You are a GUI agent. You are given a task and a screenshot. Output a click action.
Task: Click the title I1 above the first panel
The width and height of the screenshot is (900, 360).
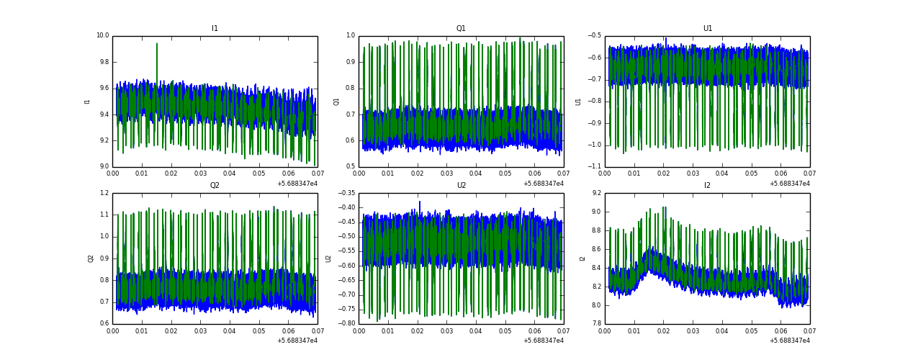[x=215, y=29]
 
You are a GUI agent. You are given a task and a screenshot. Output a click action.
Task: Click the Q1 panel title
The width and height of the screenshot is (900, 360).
[x=461, y=29]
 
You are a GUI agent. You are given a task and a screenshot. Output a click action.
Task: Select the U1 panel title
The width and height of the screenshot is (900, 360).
[x=707, y=29]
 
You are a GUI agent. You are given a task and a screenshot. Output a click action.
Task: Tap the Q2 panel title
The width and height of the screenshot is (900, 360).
[x=215, y=186]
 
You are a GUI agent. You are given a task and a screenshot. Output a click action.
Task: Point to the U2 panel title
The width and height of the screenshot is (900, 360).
[x=461, y=186]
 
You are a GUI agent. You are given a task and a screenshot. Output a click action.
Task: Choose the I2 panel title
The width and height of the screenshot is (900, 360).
[x=707, y=186]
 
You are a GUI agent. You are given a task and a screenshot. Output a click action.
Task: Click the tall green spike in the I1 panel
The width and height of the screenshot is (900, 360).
[x=157, y=45]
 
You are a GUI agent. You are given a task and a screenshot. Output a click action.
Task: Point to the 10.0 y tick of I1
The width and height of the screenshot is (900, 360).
[x=102, y=36]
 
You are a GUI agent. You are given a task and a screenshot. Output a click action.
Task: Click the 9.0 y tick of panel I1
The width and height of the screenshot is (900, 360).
[x=104, y=166]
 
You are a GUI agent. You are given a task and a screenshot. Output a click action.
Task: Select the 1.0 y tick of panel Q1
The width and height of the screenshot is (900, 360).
[x=350, y=36]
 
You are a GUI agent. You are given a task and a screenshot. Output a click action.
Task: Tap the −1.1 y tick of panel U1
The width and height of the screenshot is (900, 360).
[x=594, y=166]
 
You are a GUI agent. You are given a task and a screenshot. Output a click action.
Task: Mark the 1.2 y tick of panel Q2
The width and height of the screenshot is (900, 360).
[x=104, y=193]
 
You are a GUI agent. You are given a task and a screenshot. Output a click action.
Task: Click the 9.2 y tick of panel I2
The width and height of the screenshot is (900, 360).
[x=596, y=193]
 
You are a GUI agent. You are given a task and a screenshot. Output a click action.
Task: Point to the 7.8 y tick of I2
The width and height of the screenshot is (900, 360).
[x=596, y=323]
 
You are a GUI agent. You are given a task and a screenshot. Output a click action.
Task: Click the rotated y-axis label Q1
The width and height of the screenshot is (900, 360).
[x=336, y=102]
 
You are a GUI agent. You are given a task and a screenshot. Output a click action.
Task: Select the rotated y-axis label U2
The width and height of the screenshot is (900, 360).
[x=329, y=258]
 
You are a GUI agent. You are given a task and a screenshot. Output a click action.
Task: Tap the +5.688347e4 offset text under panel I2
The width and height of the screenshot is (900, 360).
[x=789, y=341]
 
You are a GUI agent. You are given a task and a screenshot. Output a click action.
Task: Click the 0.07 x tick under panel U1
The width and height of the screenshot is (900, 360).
[x=809, y=174]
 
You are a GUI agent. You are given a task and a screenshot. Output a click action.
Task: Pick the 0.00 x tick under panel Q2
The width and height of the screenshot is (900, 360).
[x=113, y=330]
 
